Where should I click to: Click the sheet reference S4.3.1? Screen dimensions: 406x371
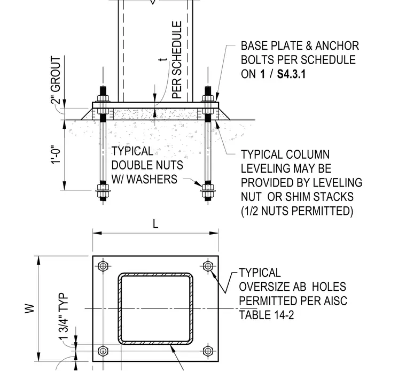pyautogui.click(x=291, y=74)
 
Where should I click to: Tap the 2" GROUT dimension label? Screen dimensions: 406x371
pyautogui.click(x=56, y=80)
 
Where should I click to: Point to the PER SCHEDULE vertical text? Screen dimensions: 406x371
pyautogui.click(x=177, y=60)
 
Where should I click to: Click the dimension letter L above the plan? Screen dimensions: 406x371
pyautogui.click(x=155, y=224)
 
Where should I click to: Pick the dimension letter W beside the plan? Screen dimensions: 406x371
pyautogui.click(x=30, y=308)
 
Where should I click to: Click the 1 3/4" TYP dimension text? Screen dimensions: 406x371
pyautogui.click(x=64, y=316)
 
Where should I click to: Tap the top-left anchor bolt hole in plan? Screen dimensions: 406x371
pyautogui.click(x=103, y=266)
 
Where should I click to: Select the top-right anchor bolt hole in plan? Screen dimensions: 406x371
pyautogui.click(x=208, y=266)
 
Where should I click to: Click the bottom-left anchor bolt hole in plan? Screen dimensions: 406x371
pyautogui.click(x=103, y=351)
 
